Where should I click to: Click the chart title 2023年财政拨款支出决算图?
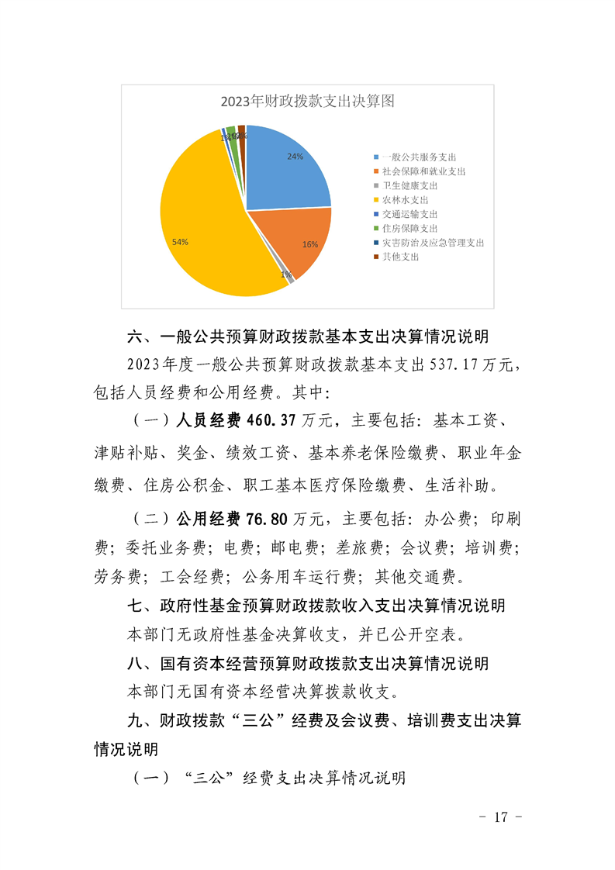click(x=308, y=101)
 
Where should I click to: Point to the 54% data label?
click(x=180, y=242)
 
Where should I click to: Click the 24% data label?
click(x=295, y=157)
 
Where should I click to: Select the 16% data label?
click(x=310, y=244)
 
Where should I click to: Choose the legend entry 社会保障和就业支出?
click(x=423, y=171)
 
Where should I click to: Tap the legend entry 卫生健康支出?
click(x=409, y=186)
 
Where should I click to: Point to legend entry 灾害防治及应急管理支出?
click(x=432, y=243)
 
